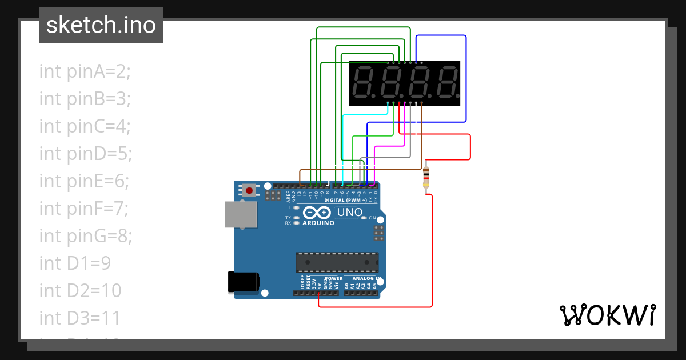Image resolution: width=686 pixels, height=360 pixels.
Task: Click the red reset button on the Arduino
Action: click(x=249, y=190)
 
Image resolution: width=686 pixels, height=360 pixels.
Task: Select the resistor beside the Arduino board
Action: click(x=426, y=178)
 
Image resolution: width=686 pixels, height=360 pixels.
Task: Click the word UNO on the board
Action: click(x=350, y=213)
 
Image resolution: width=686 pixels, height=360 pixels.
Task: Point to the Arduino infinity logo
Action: click(x=317, y=213)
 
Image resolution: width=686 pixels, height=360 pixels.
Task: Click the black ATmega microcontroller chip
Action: click(x=337, y=262)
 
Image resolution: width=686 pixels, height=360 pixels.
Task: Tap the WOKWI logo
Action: click(x=607, y=315)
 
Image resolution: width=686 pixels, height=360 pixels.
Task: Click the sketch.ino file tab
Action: click(x=101, y=25)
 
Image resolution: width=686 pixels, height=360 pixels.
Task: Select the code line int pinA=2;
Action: click(x=85, y=71)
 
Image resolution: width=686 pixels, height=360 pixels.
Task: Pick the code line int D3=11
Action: click(x=80, y=318)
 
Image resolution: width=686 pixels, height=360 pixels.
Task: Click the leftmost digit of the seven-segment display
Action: click(x=364, y=82)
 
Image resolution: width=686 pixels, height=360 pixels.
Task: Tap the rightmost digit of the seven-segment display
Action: click(x=446, y=82)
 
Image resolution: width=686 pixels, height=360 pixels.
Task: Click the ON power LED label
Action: click(x=372, y=218)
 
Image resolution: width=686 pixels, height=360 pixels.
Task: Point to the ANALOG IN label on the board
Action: click(x=366, y=278)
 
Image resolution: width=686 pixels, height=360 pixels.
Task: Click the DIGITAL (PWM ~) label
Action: click(x=345, y=200)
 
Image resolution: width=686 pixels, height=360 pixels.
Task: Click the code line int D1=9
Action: click(x=75, y=263)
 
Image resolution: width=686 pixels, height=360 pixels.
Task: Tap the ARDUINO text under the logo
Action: click(x=318, y=223)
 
